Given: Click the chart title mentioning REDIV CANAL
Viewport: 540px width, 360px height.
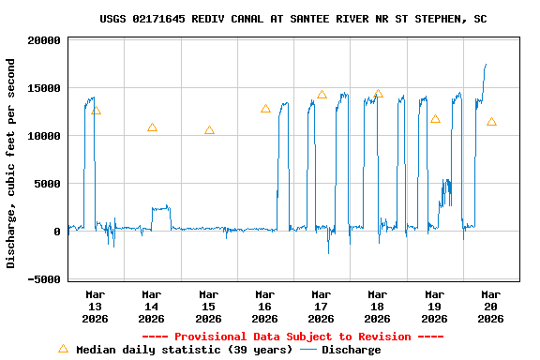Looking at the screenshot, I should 292,19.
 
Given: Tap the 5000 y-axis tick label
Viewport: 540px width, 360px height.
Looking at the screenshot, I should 48,184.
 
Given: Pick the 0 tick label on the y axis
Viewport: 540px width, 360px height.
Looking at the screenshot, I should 58,232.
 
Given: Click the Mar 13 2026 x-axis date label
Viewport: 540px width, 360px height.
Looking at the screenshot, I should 96,307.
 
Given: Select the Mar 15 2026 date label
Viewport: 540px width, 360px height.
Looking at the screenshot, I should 208,307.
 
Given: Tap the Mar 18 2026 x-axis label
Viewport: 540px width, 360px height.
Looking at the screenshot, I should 378,307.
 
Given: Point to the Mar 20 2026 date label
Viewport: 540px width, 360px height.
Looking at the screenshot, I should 490,307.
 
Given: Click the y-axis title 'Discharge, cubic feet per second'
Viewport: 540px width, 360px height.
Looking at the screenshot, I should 11,163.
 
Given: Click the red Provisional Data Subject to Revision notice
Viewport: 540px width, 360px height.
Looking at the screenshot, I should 292,337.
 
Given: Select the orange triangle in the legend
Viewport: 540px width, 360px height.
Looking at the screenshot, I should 64,349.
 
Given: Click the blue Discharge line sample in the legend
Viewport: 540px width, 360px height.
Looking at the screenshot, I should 308,350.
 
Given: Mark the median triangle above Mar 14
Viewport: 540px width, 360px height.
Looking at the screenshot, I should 152,127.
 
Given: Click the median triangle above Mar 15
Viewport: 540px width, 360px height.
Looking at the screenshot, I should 209,130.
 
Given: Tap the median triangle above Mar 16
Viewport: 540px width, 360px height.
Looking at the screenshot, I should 265,109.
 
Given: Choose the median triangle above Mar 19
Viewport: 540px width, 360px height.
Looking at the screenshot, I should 435,119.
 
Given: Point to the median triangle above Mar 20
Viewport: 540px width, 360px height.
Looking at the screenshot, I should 491,122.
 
